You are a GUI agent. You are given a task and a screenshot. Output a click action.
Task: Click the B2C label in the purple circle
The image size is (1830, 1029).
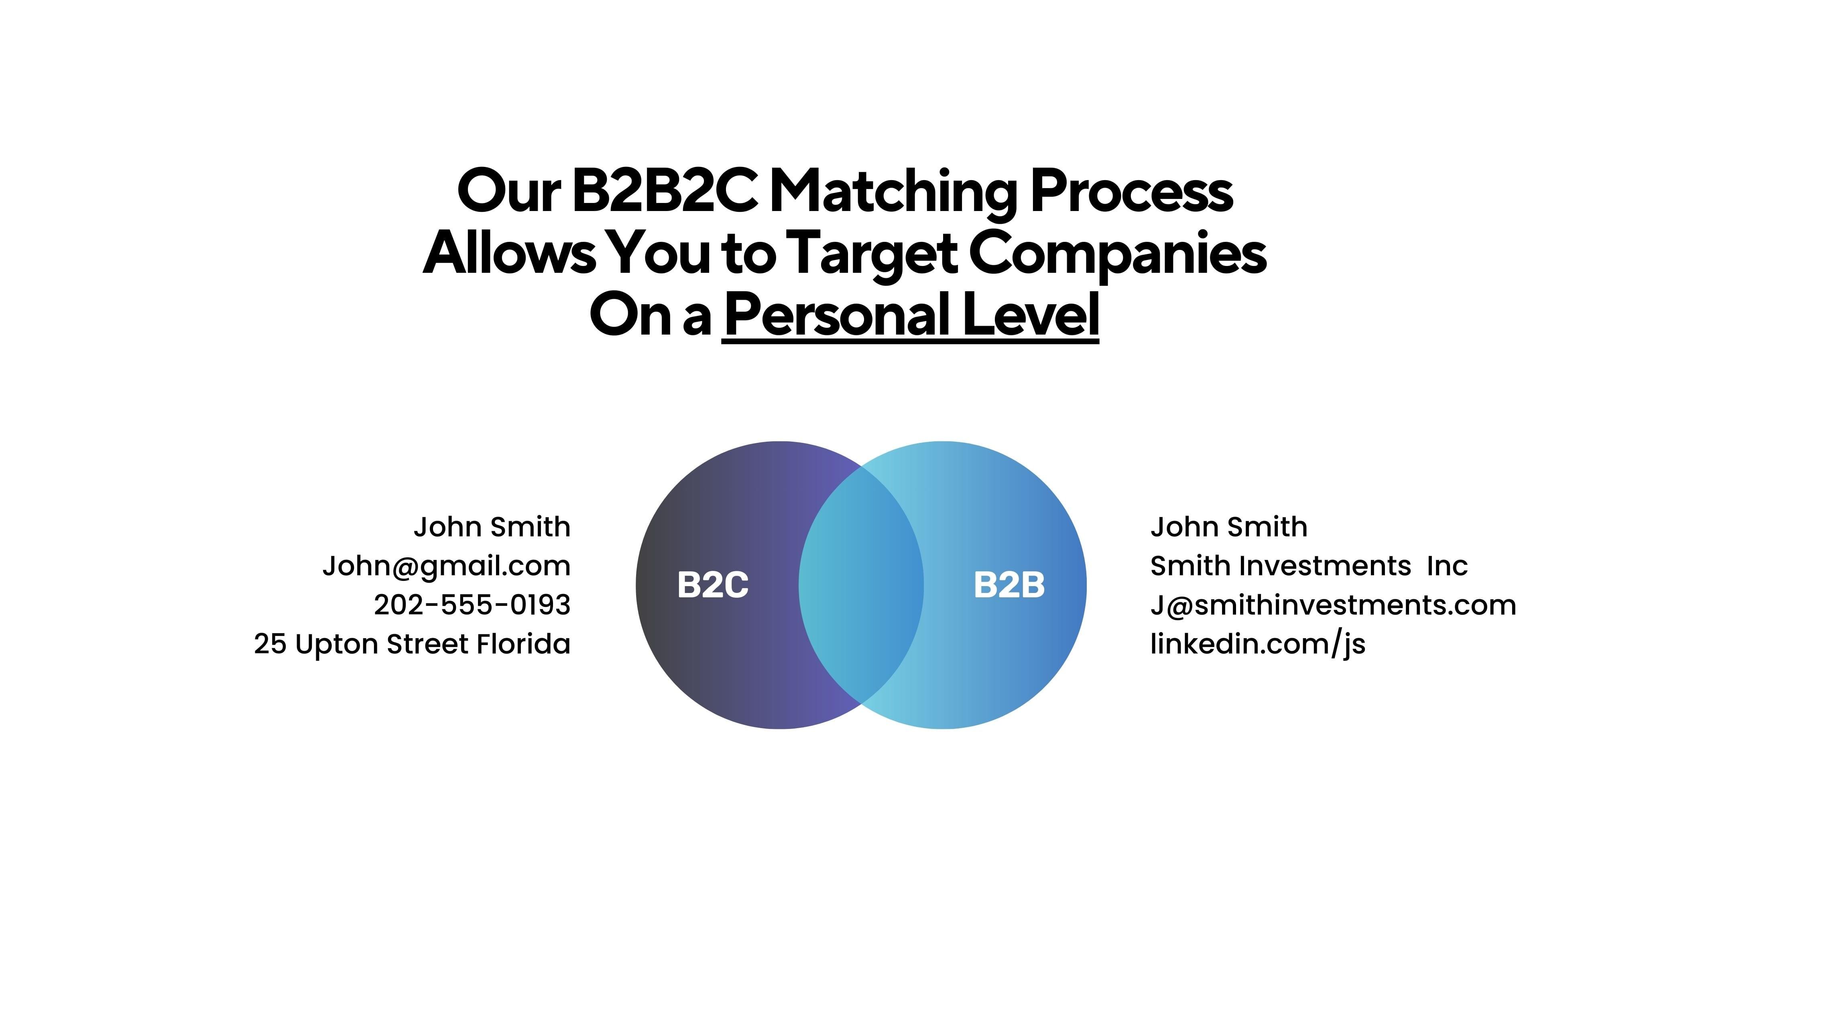click(x=712, y=585)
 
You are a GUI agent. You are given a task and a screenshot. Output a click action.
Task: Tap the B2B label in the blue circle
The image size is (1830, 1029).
click(x=1009, y=585)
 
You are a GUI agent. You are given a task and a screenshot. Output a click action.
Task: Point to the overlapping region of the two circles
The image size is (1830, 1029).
click(x=861, y=585)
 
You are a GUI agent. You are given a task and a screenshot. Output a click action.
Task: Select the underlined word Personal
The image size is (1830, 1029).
click(x=836, y=315)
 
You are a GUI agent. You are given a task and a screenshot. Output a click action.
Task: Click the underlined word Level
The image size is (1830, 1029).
click(x=1031, y=315)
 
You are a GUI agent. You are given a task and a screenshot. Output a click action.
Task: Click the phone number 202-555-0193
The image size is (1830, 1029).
click(x=472, y=605)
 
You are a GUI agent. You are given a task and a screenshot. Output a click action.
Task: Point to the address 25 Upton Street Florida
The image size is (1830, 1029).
click(x=412, y=644)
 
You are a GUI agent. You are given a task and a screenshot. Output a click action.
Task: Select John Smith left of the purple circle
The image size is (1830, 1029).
click(x=492, y=527)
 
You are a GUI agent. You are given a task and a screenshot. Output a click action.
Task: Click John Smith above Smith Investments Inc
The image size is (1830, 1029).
click(x=1228, y=527)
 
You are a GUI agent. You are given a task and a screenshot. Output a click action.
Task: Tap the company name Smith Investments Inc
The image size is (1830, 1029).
click(x=1309, y=566)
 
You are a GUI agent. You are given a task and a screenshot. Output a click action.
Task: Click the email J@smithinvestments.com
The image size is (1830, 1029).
click(x=1333, y=605)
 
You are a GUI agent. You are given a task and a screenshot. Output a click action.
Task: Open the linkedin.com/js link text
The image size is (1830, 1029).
click(x=1257, y=644)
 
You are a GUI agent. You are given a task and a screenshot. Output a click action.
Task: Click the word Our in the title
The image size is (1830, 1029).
click(x=508, y=192)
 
